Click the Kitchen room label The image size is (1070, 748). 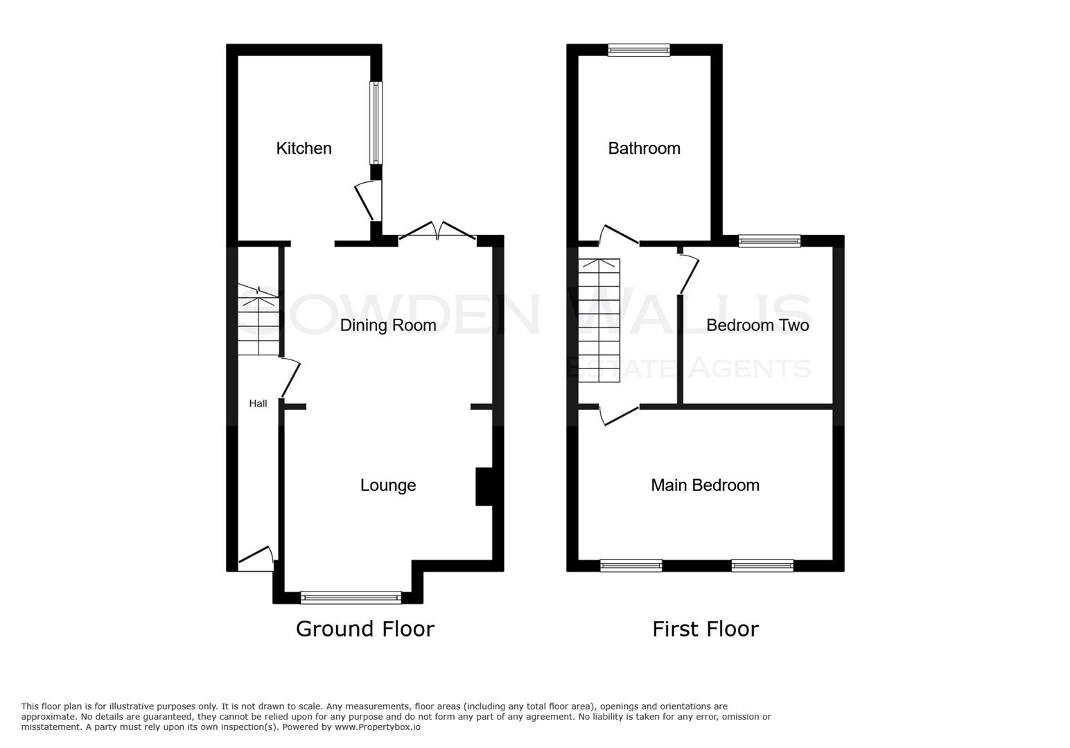(304, 148)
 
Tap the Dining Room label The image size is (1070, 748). (388, 325)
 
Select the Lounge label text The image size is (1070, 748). (388, 486)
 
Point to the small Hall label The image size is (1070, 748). (258, 404)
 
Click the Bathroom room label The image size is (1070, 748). (644, 148)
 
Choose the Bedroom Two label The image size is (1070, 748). (757, 325)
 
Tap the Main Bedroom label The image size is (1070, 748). (705, 486)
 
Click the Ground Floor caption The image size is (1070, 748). (365, 629)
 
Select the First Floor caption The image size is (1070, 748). (705, 629)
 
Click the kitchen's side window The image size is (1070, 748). (376, 123)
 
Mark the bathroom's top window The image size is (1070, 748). (639, 50)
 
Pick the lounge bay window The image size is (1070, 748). (351, 597)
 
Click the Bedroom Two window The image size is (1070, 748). (769, 241)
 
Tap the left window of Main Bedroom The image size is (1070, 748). (631, 566)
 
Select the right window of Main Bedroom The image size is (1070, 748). (762, 566)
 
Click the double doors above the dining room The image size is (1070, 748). (437, 232)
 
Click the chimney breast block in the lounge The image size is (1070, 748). (484, 487)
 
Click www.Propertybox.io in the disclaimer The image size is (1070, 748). (377, 727)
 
